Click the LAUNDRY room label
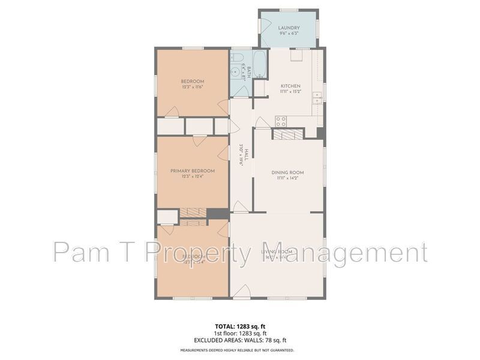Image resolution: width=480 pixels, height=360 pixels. tap(289, 28)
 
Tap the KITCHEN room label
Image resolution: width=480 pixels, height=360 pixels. tap(290, 86)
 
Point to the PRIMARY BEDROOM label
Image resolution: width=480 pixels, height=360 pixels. tap(192, 170)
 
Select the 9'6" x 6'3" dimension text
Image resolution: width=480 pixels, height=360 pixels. tap(289, 34)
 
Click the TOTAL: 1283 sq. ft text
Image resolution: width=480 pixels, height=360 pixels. tap(240, 326)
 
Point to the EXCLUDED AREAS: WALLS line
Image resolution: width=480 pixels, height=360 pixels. tap(240, 340)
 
